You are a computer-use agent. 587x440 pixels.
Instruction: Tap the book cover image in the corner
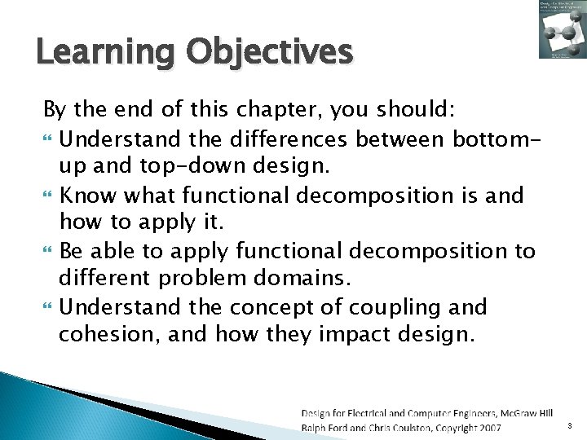(561, 29)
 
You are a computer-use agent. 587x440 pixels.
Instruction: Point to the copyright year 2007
(488, 428)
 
